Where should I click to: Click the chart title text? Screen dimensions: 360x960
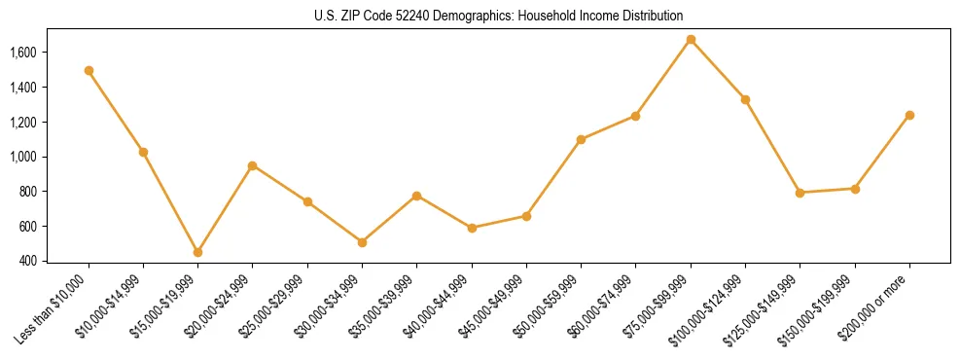[499, 16]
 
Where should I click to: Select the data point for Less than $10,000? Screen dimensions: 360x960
[89, 70]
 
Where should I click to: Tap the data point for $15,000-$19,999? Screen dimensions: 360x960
[197, 252]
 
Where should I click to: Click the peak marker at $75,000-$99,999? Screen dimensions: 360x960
[691, 39]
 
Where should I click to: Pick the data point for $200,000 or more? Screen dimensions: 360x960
[909, 115]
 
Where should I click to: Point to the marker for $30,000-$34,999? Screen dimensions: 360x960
[362, 242]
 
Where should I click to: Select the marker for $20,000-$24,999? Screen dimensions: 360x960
[253, 165]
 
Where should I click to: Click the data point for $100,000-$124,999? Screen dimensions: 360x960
[745, 99]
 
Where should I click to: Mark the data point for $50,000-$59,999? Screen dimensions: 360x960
[581, 139]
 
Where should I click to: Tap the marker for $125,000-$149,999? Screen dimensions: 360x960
[800, 193]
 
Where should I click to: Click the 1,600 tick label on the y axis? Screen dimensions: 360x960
[21, 53]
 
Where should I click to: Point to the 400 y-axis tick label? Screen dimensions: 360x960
[27, 261]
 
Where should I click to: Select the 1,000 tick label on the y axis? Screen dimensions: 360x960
[21, 157]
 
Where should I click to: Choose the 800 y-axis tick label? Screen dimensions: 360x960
[27, 192]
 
